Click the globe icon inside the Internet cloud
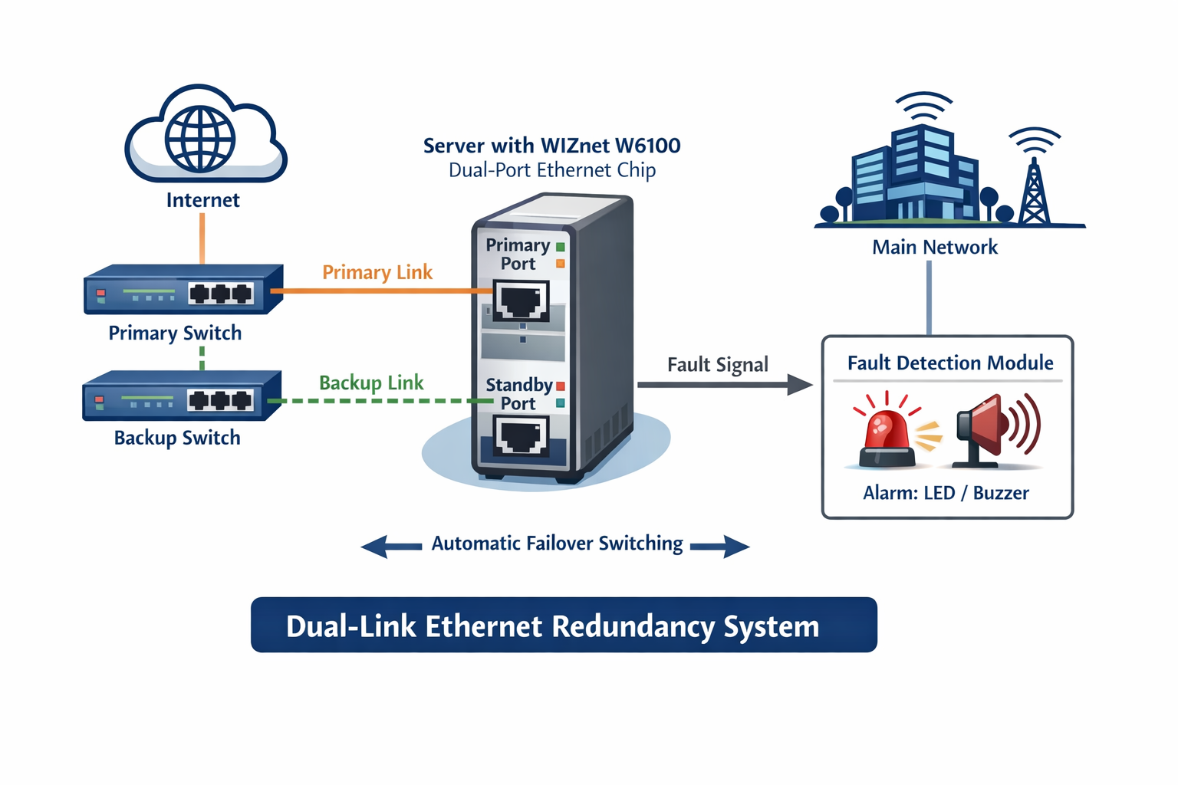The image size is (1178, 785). (200, 139)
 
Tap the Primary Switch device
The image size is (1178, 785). (183, 291)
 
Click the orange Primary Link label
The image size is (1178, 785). (377, 272)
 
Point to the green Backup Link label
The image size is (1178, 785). (371, 383)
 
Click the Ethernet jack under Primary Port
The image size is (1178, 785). (522, 300)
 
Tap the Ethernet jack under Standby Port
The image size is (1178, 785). (522, 435)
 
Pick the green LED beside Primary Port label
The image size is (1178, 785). (561, 247)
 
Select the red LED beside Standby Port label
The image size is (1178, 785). (561, 386)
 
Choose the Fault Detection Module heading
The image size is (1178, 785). (950, 363)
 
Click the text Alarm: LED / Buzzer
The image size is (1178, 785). (946, 493)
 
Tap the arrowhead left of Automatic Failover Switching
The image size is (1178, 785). (375, 547)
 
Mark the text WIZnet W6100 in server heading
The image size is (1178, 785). (610, 146)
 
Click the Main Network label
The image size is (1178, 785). (935, 247)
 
